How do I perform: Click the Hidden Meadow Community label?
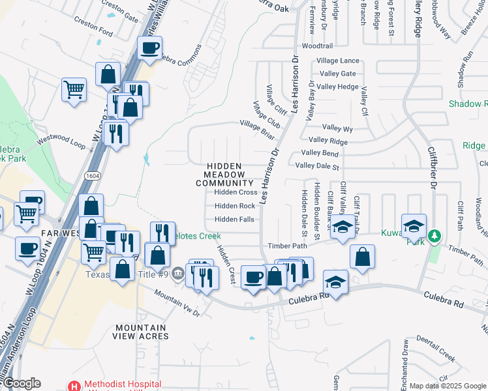click(x=224, y=175)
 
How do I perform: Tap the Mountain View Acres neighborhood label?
click(x=141, y=332)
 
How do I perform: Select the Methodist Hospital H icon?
click(x=75, y=386)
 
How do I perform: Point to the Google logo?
click(x=21, y=384)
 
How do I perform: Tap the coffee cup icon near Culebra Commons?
click(x=149, y=48)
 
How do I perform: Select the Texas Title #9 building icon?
click(x=178, y=274)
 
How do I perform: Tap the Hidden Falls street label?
click(x=234, y=220)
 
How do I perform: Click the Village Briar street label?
click(x=257, y=129)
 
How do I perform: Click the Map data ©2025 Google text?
click(x=448, y=386)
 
